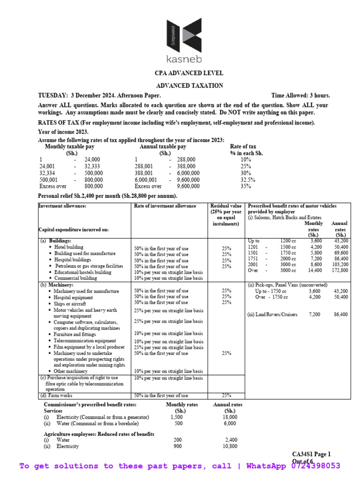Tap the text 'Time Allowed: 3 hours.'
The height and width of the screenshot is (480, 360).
pos(300,95)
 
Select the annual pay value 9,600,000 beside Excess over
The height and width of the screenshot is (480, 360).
pos(186,186)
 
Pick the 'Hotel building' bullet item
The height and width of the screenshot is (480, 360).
pos(68,247)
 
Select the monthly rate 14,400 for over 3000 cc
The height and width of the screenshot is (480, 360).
pos(315,270)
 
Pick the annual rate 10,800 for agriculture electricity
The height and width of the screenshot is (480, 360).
pos(228,447)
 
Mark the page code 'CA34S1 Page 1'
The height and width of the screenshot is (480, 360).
pos(311,454)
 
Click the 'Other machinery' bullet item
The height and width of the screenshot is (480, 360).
pos(70,371)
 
